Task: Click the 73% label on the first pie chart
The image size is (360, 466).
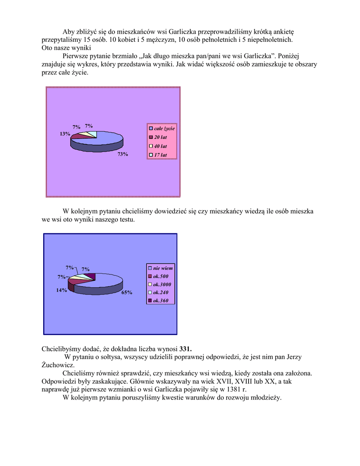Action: pos(123,154)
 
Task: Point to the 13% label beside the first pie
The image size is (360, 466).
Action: pos(65,134)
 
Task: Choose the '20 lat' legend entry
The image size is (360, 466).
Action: pos(160,137)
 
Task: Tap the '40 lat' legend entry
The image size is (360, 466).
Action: pos(160,146)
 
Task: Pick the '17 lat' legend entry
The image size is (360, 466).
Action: pos(160,155)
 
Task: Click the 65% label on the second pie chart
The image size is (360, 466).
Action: pos(127,293)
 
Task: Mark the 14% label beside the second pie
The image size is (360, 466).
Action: pos(62,290)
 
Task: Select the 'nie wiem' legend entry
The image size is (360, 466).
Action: pos(162,268)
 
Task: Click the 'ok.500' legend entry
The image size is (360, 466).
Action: pos(161,276)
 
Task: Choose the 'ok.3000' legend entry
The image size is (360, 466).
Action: pos(162,284)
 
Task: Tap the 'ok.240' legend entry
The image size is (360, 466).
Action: pos(161,292)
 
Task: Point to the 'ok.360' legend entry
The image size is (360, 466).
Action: pos(161,300)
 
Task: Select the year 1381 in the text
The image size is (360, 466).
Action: pos(234,389)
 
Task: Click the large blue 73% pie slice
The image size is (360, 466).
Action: pos(102,139)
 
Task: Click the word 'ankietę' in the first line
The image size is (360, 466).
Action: pos(283,31)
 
